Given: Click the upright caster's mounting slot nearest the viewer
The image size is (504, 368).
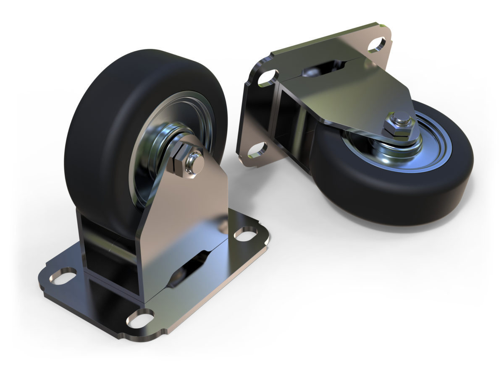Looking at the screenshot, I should point(140,318).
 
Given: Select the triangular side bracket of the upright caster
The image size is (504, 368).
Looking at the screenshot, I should point(189,210).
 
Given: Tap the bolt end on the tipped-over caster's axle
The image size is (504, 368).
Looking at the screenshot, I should point(402,119).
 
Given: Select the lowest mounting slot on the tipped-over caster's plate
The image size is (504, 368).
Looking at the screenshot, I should point(257,150).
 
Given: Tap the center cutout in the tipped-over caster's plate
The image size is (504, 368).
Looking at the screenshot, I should point(323,67).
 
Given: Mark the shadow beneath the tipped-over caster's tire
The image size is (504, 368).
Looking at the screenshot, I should point(420,229).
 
